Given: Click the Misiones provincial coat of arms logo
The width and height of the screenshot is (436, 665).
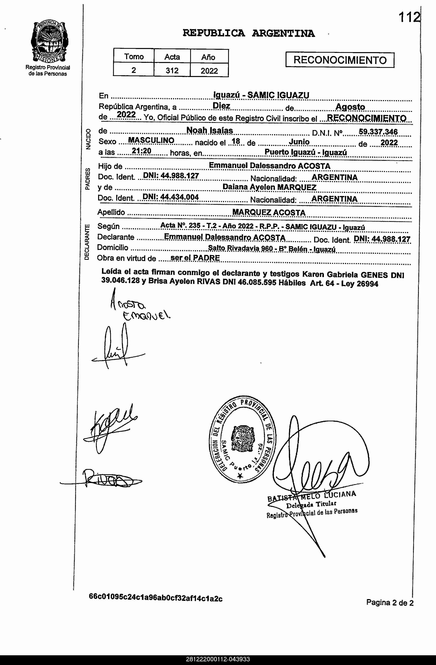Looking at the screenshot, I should [49, 42].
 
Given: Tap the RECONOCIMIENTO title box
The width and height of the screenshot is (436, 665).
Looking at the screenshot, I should [340, 60].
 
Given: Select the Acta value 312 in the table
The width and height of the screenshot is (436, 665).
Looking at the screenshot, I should [172, 70].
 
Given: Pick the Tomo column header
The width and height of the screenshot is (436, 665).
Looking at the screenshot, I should [134, 57].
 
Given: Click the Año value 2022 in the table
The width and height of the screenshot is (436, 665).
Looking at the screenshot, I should [209, 71].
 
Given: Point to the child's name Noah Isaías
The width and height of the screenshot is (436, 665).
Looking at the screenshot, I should [209, 130].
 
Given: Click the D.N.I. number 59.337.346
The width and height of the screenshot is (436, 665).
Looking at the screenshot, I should [378, 132].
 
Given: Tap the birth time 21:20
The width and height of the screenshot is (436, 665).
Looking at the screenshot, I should [142, 151].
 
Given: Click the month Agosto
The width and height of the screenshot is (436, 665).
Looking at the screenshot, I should [350, 107].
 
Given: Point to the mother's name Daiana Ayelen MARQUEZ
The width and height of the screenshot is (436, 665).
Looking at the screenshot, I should [269, 187].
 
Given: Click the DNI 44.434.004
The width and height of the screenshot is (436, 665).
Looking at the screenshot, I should [171, 197].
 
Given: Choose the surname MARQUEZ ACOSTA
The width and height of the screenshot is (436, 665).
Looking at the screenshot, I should [269, 212].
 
